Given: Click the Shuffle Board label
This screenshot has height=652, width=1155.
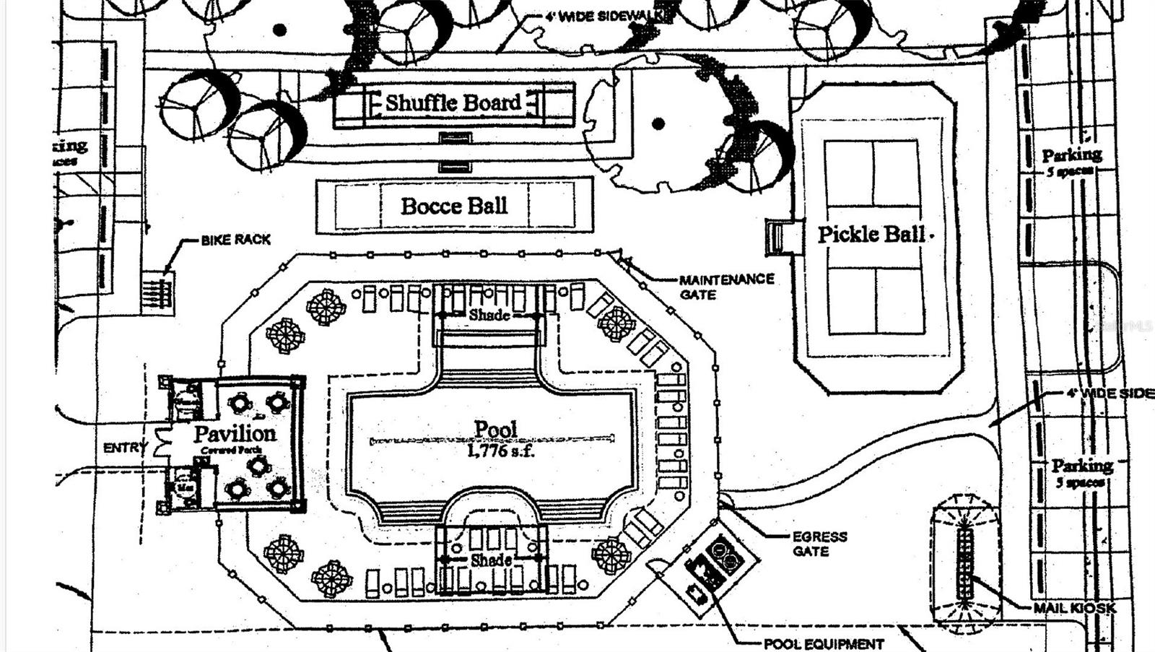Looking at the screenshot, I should (x=453, y=103).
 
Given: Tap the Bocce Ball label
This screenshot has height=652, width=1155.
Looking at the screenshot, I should (x=454, y=206).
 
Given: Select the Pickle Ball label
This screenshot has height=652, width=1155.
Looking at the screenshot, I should (x=871, y=234).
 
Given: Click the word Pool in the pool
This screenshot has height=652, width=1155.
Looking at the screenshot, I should (x=496, y=430).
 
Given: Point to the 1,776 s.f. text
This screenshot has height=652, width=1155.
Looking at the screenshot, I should (x=500, y=451).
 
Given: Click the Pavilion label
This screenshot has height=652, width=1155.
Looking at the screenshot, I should (x=235, y=434).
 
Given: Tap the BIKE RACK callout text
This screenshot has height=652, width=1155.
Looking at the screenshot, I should (x=236, y=240).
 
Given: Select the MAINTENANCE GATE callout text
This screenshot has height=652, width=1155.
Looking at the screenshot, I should (x=725, y=287).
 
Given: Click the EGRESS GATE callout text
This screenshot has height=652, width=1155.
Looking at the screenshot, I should (x=819, y=544).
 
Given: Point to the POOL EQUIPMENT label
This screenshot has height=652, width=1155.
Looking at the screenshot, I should (x=824, y=643).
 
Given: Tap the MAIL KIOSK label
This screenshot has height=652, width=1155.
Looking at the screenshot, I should (x=1074, y=608).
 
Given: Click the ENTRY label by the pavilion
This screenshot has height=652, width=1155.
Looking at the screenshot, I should (x=124, y=448).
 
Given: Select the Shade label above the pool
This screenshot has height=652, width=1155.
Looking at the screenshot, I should (x=489, y=316).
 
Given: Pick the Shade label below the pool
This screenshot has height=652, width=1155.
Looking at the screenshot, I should (x=491, y=560).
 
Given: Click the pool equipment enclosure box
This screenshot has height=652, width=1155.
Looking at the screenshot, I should (x=712, y=566).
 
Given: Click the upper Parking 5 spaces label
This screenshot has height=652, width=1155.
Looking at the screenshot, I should (x=1071, y=160).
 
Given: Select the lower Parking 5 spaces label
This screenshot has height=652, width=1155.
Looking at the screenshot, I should (x=1081, y=472).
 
